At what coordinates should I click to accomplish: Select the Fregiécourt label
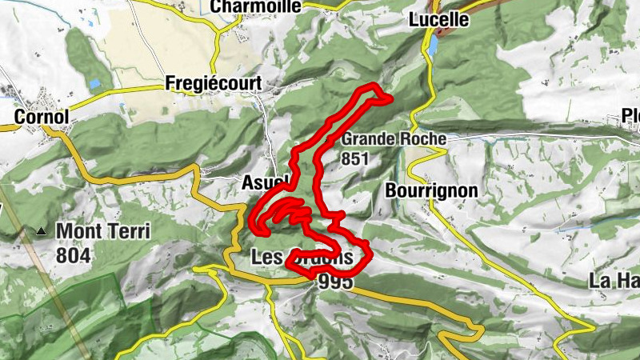[x=203, y=83]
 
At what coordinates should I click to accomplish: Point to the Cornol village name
[x=42, y=117]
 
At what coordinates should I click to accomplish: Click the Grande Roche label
[x=394, y=139]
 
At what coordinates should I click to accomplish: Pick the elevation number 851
[x=355, y=158]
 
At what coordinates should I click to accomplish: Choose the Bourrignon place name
[x=431, y=190]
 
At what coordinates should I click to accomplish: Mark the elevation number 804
[x=74, y=256]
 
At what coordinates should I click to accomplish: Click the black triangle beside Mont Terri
[x=41, y=232]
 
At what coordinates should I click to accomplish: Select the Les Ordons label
[x=301, y=258]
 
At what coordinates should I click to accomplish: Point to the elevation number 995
[x=335, y=282]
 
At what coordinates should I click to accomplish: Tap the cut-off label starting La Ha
[x=613, y=281]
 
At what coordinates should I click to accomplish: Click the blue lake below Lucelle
[x=433, y=47]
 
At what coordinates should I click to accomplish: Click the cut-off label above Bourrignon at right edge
[x=631, y=117]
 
